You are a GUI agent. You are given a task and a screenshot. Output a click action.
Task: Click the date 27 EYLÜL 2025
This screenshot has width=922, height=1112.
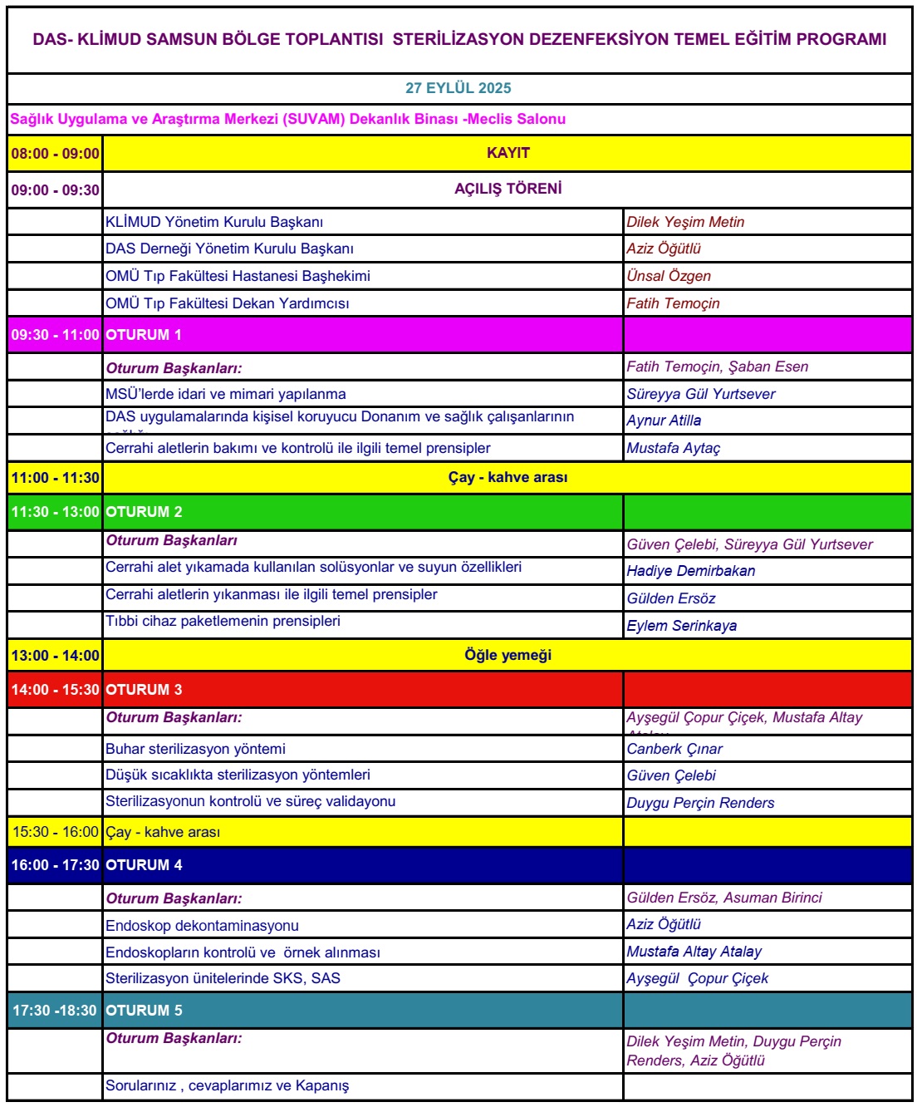click(x=459, y=88)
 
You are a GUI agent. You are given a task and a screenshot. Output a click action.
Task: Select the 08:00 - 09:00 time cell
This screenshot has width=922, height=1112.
click(x=56, y=154)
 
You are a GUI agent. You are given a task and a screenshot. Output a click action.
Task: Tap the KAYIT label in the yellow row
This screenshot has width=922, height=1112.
click(x=508, y=153)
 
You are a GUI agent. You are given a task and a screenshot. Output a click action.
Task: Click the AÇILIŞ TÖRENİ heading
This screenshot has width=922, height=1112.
click(x=508, y=189)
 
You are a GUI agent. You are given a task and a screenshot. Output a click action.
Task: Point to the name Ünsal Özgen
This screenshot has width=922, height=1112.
click(x=669, y=276)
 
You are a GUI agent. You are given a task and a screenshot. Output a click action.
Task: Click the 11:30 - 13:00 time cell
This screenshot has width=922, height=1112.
click(x=56, y=512)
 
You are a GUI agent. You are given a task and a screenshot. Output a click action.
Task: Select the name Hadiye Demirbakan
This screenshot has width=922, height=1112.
click(x=691, y=571)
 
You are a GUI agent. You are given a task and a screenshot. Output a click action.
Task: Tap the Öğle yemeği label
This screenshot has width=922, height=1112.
click(x=508, y=655)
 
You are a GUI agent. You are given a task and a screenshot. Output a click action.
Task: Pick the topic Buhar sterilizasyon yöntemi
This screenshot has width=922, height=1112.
click(x=195, y=749)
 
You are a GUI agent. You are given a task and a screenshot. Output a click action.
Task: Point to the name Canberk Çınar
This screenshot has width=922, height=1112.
click(x=674, y=749)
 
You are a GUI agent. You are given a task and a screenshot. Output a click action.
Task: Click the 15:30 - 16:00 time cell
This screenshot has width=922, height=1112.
click(x=56, y=832)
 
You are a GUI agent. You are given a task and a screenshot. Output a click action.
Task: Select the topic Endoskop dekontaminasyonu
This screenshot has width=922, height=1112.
click(x=202, y=926)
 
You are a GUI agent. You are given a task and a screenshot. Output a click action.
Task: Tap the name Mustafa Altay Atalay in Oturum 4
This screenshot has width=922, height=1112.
click(x=694, y=952)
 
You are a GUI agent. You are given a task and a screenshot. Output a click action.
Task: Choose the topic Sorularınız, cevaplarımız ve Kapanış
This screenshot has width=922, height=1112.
click(x=228, y=1085)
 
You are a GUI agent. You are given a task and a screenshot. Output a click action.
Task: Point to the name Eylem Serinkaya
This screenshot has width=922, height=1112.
click(x=682, y=626)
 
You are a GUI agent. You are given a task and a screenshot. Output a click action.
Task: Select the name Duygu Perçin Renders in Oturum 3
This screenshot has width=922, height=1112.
click(x=700, y=803)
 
